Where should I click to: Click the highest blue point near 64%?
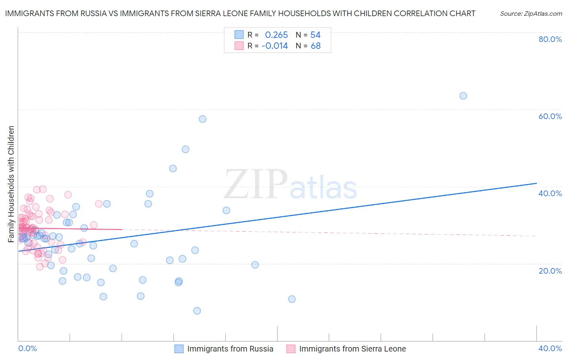pos(463,96)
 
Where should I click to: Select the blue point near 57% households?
pos(202,119)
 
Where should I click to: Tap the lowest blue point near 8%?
pos(197,311)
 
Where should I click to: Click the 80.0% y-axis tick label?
pos(550,39)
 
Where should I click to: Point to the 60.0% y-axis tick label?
pos(550,116)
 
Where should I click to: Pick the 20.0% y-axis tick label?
pos(550,271)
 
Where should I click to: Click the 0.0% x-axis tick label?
pos(27,348)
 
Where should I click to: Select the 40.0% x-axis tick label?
pos(550,348)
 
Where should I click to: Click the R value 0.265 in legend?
pos(276,35)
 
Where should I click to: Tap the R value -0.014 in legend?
pos(275,46)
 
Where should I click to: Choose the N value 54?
pos(315,35)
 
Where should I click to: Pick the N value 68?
pos(315,46)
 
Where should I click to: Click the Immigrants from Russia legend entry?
pos(230,349)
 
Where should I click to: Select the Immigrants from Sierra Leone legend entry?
pos(352,349)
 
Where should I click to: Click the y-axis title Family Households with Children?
pos(11,184)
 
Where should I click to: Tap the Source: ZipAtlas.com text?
pos(531,14)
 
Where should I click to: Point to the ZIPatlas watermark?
pos(290,185)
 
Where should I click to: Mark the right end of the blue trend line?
pos(536,183)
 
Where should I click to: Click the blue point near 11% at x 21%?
pos(292,299)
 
